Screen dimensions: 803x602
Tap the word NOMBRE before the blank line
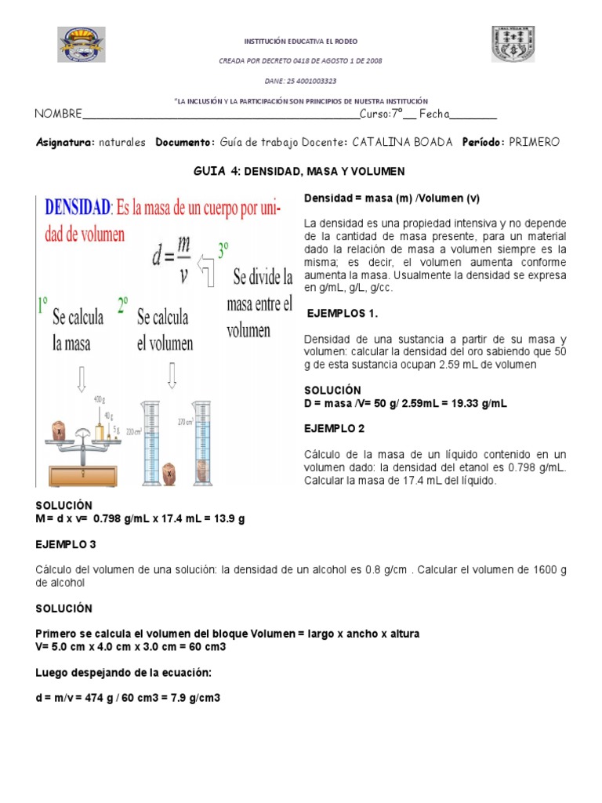(x=58, y=114)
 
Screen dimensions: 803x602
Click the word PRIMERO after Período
(x=534, y=142)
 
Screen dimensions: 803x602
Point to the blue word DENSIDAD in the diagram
(x=78, y=208)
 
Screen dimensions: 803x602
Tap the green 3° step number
(x=223, y=250)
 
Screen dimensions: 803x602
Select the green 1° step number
(x=44, y=305)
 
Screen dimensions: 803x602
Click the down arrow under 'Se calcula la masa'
(x=82, y=380)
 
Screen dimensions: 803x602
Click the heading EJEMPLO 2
(x=335, y=429)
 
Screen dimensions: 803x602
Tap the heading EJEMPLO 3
(x=65, y=543)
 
